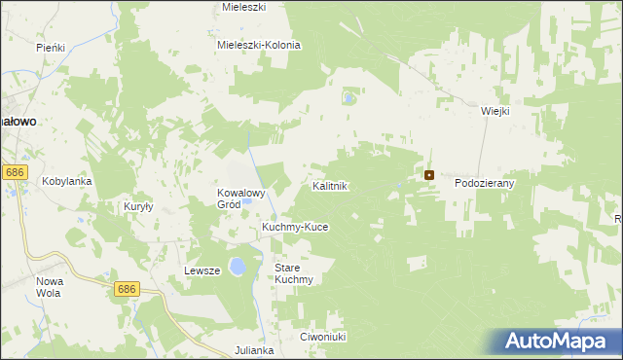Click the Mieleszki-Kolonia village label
coord(259,45)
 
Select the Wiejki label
coord(495,111)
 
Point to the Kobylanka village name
coord(66,181)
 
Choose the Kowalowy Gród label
coord(241,198)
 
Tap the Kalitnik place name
coord(330,185)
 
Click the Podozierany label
coord(484,182)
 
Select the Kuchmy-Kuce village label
coord(295,227)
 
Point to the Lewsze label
coord(203,270)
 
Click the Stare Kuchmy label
coord(293,273)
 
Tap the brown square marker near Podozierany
coord(428,175)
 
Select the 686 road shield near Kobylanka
coord(14,171)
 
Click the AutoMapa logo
coord(554,342)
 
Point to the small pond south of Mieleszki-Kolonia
coord(348,98)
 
